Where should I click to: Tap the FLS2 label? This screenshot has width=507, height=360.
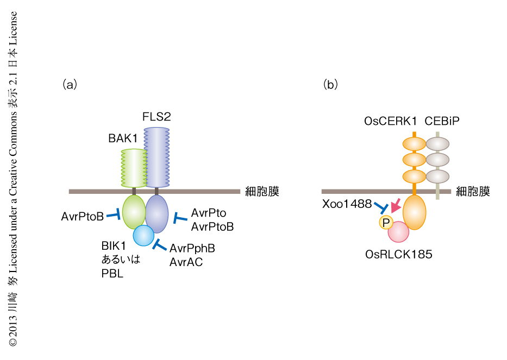coord(157,117)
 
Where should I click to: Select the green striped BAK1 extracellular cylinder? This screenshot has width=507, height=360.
coord(133,169)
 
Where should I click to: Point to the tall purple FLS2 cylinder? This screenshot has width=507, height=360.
coord(157,157)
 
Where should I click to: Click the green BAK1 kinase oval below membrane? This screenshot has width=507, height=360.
coord(134,212)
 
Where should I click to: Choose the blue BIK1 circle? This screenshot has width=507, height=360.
coord(144,235)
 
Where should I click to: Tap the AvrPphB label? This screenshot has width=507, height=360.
coord(192,248)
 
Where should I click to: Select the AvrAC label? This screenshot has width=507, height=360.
coord(186,263)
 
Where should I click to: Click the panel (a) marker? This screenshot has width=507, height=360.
coord(70,84)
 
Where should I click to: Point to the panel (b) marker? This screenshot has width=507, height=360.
coord(330,84)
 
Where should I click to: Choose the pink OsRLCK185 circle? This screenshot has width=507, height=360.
coord(398,231)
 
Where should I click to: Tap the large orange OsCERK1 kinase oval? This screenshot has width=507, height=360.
coord(415,213)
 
